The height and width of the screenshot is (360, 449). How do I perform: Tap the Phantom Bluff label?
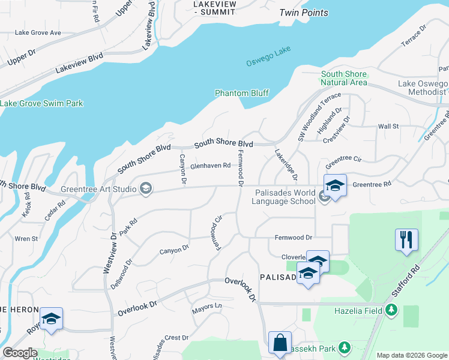point(242,93)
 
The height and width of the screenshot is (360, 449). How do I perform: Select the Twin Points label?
point(304,13)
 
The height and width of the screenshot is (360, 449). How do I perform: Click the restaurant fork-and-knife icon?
point(406,239)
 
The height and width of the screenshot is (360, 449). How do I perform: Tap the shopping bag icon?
point(280,343)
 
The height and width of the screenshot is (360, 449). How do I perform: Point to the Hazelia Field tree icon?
point(391,310)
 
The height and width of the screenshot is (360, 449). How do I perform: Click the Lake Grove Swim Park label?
point(41,103)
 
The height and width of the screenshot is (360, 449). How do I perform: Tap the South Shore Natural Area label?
point(343,78)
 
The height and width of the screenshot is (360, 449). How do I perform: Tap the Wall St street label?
point(388,127)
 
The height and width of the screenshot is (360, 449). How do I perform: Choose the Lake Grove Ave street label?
point(38,32)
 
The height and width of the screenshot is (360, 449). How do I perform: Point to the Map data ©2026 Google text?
point(412,355)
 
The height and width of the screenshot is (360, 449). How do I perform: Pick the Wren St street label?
point(26,239)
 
